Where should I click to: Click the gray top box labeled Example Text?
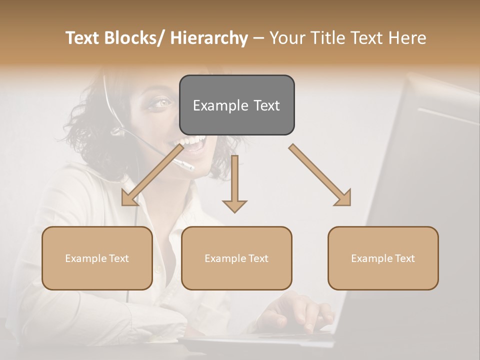coord(236,105)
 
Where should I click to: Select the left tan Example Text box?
coord(97,258)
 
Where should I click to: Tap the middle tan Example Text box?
coord(236,258)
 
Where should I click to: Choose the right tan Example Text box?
coord(383,258)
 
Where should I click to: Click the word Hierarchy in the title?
coord(209,38)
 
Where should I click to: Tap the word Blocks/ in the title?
coord(135,38)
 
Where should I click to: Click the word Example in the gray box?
coord(215,105)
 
